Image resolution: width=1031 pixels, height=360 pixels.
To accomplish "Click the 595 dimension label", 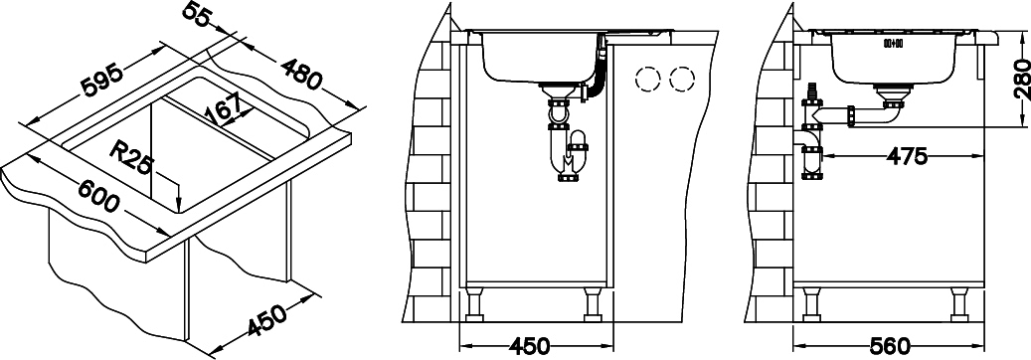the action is pos(100,78).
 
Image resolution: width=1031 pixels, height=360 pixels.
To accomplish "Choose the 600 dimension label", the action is pos(98,197).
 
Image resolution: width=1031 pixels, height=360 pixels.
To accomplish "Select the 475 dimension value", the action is pos(907,157).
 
